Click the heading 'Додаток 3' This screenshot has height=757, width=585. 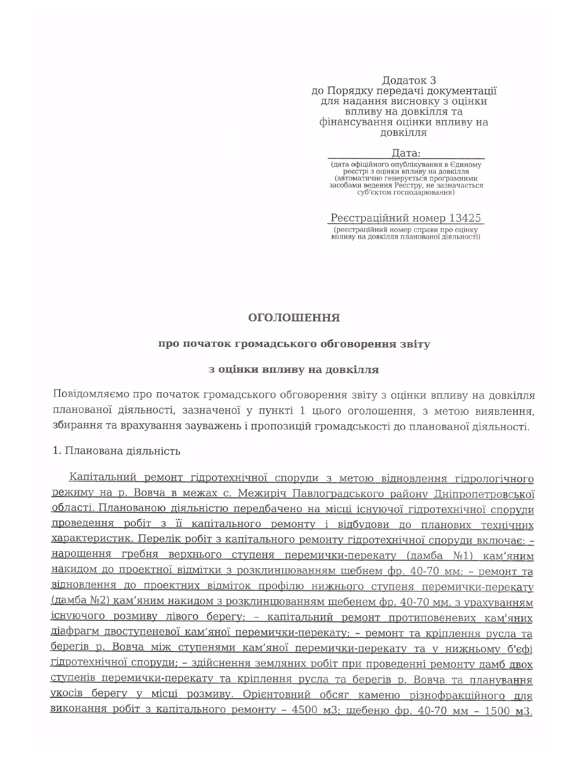tap(409, 81)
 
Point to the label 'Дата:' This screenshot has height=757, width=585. tap(406, 153)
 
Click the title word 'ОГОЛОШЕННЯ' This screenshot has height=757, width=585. tap(294, 318)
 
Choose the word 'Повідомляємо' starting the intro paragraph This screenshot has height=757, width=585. tap(90, 395)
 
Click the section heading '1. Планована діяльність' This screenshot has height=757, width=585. tap(117, 451)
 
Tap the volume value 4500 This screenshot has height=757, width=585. tap(306, 710)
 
